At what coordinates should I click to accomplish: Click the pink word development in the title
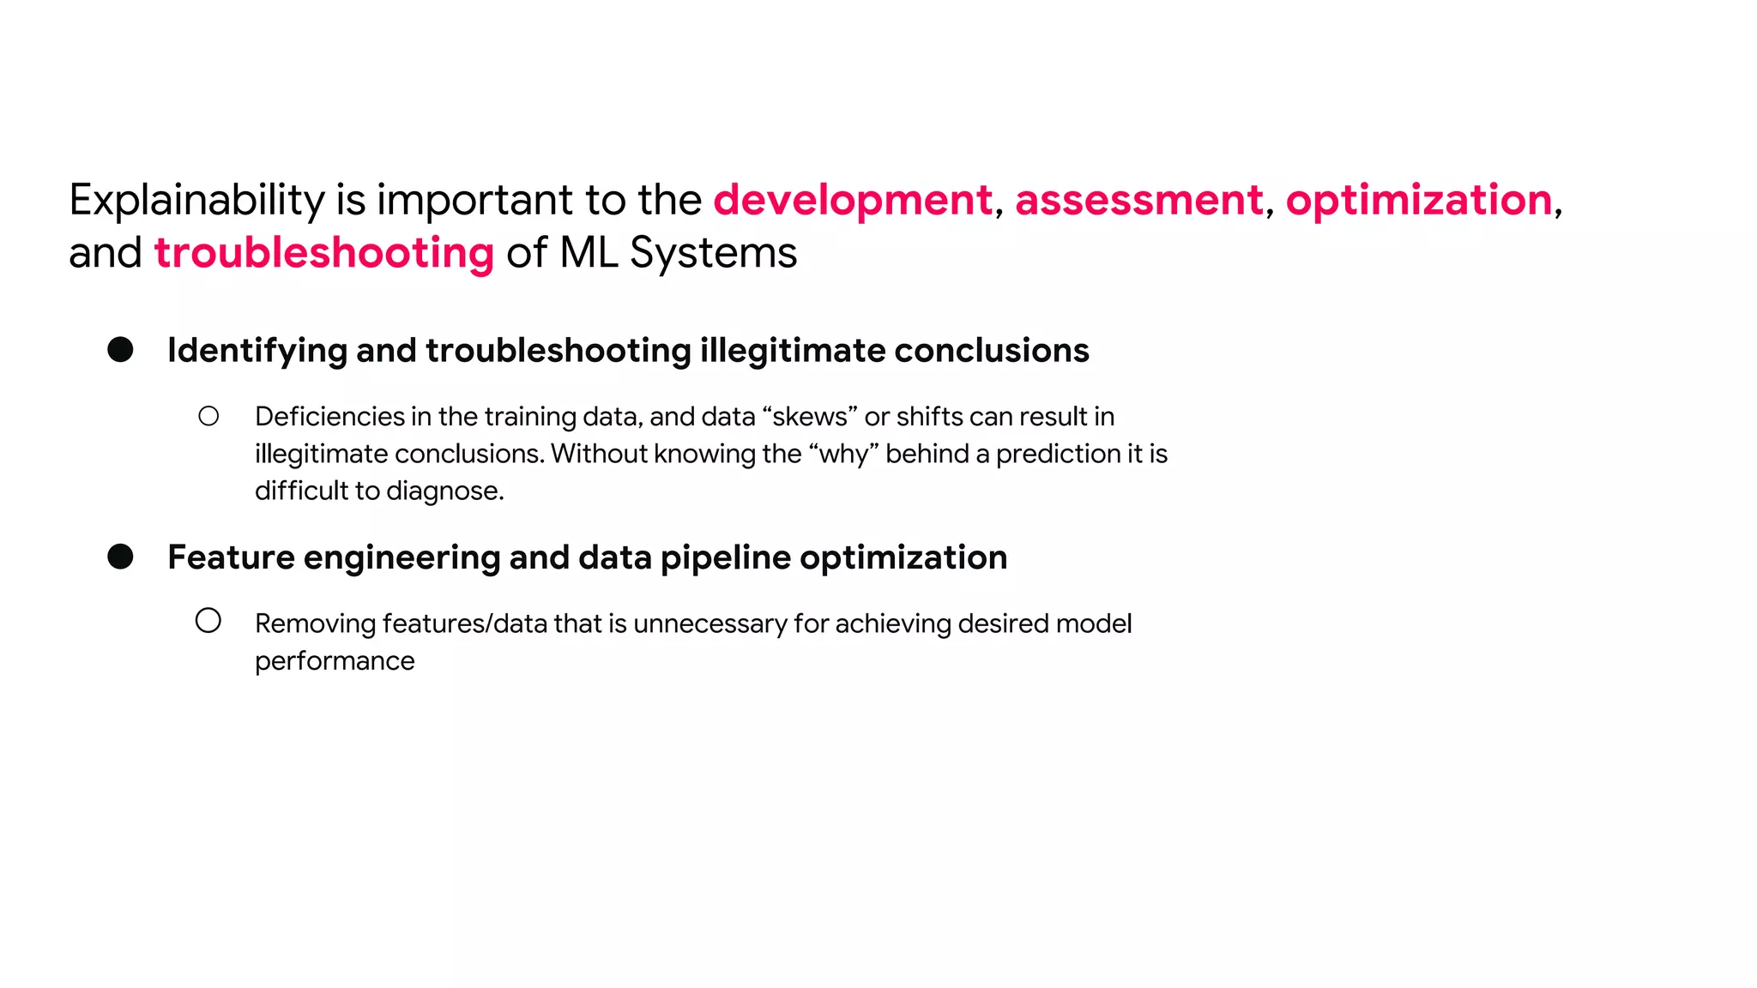(853, 201)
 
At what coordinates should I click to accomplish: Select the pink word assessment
(1139, 201)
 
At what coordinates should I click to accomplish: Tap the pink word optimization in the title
(1419, 201)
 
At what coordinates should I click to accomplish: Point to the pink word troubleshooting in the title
(324, 254)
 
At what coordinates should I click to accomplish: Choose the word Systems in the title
(713, 254)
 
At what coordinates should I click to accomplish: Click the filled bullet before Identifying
(120, 350)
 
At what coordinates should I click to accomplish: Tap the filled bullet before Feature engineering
(120, 557)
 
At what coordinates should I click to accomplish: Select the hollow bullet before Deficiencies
(208, 417)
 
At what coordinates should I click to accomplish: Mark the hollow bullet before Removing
(208, 621)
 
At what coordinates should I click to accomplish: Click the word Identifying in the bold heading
(257, 351)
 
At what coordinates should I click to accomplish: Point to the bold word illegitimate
(792, 351)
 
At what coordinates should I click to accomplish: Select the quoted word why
(844, 454)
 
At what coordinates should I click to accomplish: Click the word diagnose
(444, 491)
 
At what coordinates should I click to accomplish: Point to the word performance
(335, 661)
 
